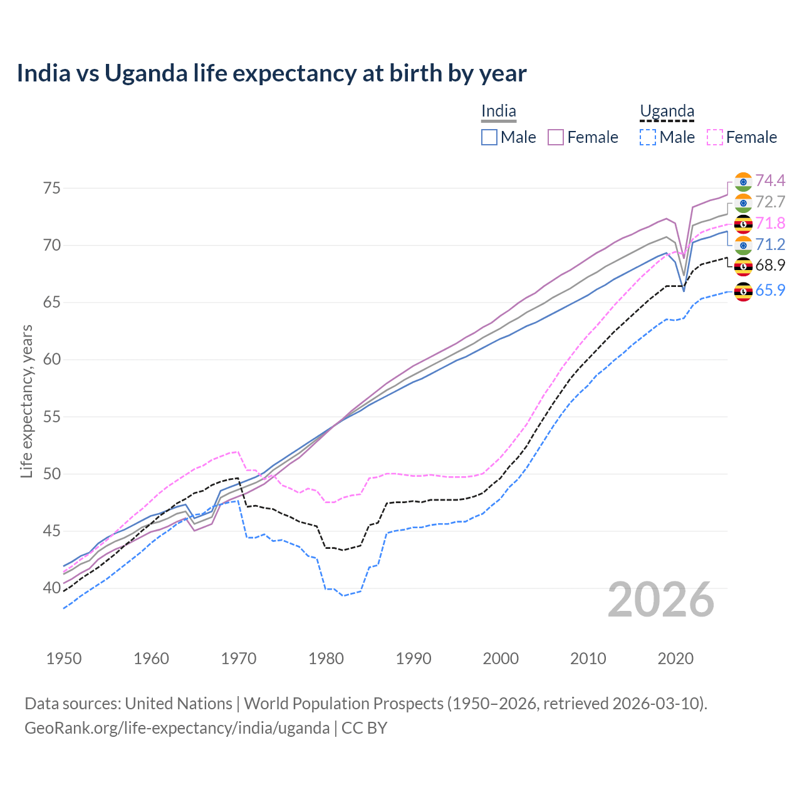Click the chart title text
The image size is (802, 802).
pyautogui.click(x=271, y=73)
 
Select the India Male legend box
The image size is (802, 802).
pyautogui.click(x=489, y=137)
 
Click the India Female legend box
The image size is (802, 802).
pyautogui.click(x=556, y=137)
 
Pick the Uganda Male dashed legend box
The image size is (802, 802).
pyautogui.click(x=648, y=137)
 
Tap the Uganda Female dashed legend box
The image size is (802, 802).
pyautogui.click(x=715, y=137)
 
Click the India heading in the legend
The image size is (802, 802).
pyautogui.click(x=499, y=112)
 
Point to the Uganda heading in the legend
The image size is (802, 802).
pyautogui.click(x=667, y=112)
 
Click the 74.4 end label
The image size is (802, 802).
pyautogui.click(x=770, y=181)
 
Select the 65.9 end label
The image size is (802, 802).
pyautogui.click(x=770, y=290)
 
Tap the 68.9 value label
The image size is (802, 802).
pyautogui.click(x=770, y=266)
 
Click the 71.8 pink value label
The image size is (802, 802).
pyautogui.click(x=770, y=224)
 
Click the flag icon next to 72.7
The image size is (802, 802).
pyautogui.click(x=743, y=202)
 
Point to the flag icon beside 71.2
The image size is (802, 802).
pyautogui.click(x=743, y=245)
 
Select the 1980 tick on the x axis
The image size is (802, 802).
pyautogui.click(x=326, y=659)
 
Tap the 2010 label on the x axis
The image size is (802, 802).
pyautogui.click(x=588, y=659)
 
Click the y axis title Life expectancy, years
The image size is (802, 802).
pyautogui.click(x=26, y=401)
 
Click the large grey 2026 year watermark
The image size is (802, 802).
pyautogui.click(x=661, y=600)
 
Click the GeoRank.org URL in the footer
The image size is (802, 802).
pyautogui.click(x=177, y=728)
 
